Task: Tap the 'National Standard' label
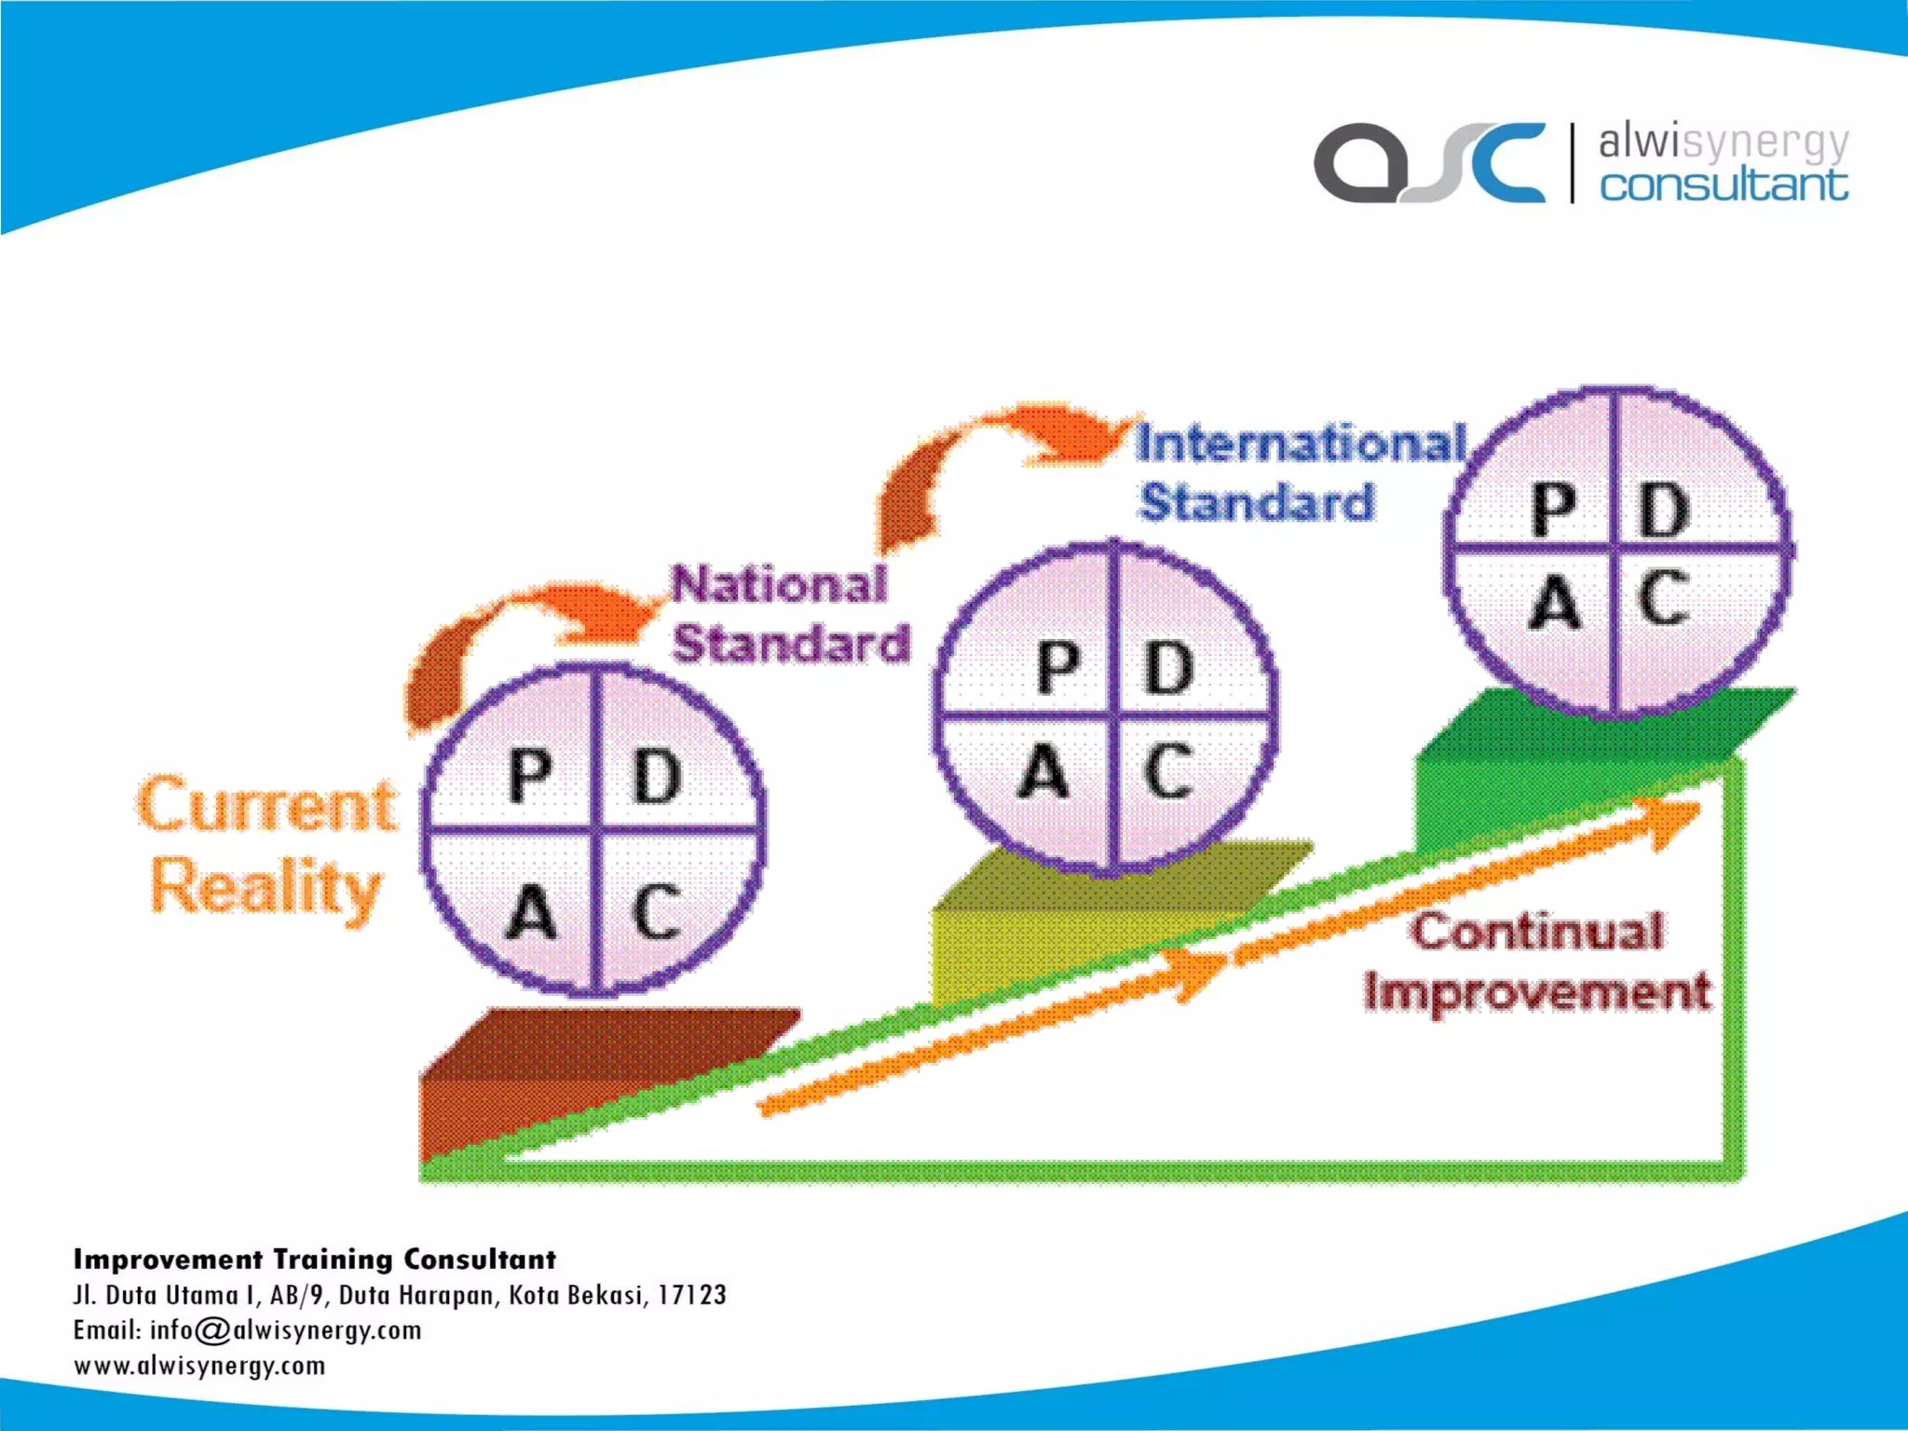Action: (789, 614)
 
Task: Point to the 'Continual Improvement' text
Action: (1537, 961)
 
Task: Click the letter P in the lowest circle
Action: (529, 775)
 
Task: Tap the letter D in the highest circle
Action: (1664, 511)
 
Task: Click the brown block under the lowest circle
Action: (559, 1071)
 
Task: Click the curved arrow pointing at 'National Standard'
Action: (522, 634)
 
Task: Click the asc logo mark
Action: (1429, 163)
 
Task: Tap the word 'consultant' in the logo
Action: (1724, 184)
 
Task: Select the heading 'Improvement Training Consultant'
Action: (315, 1260)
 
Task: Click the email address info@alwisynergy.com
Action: (285, 1330)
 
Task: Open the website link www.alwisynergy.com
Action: (200, 1366)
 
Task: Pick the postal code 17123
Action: (691, 1295)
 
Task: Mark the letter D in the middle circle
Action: (1169, 667)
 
